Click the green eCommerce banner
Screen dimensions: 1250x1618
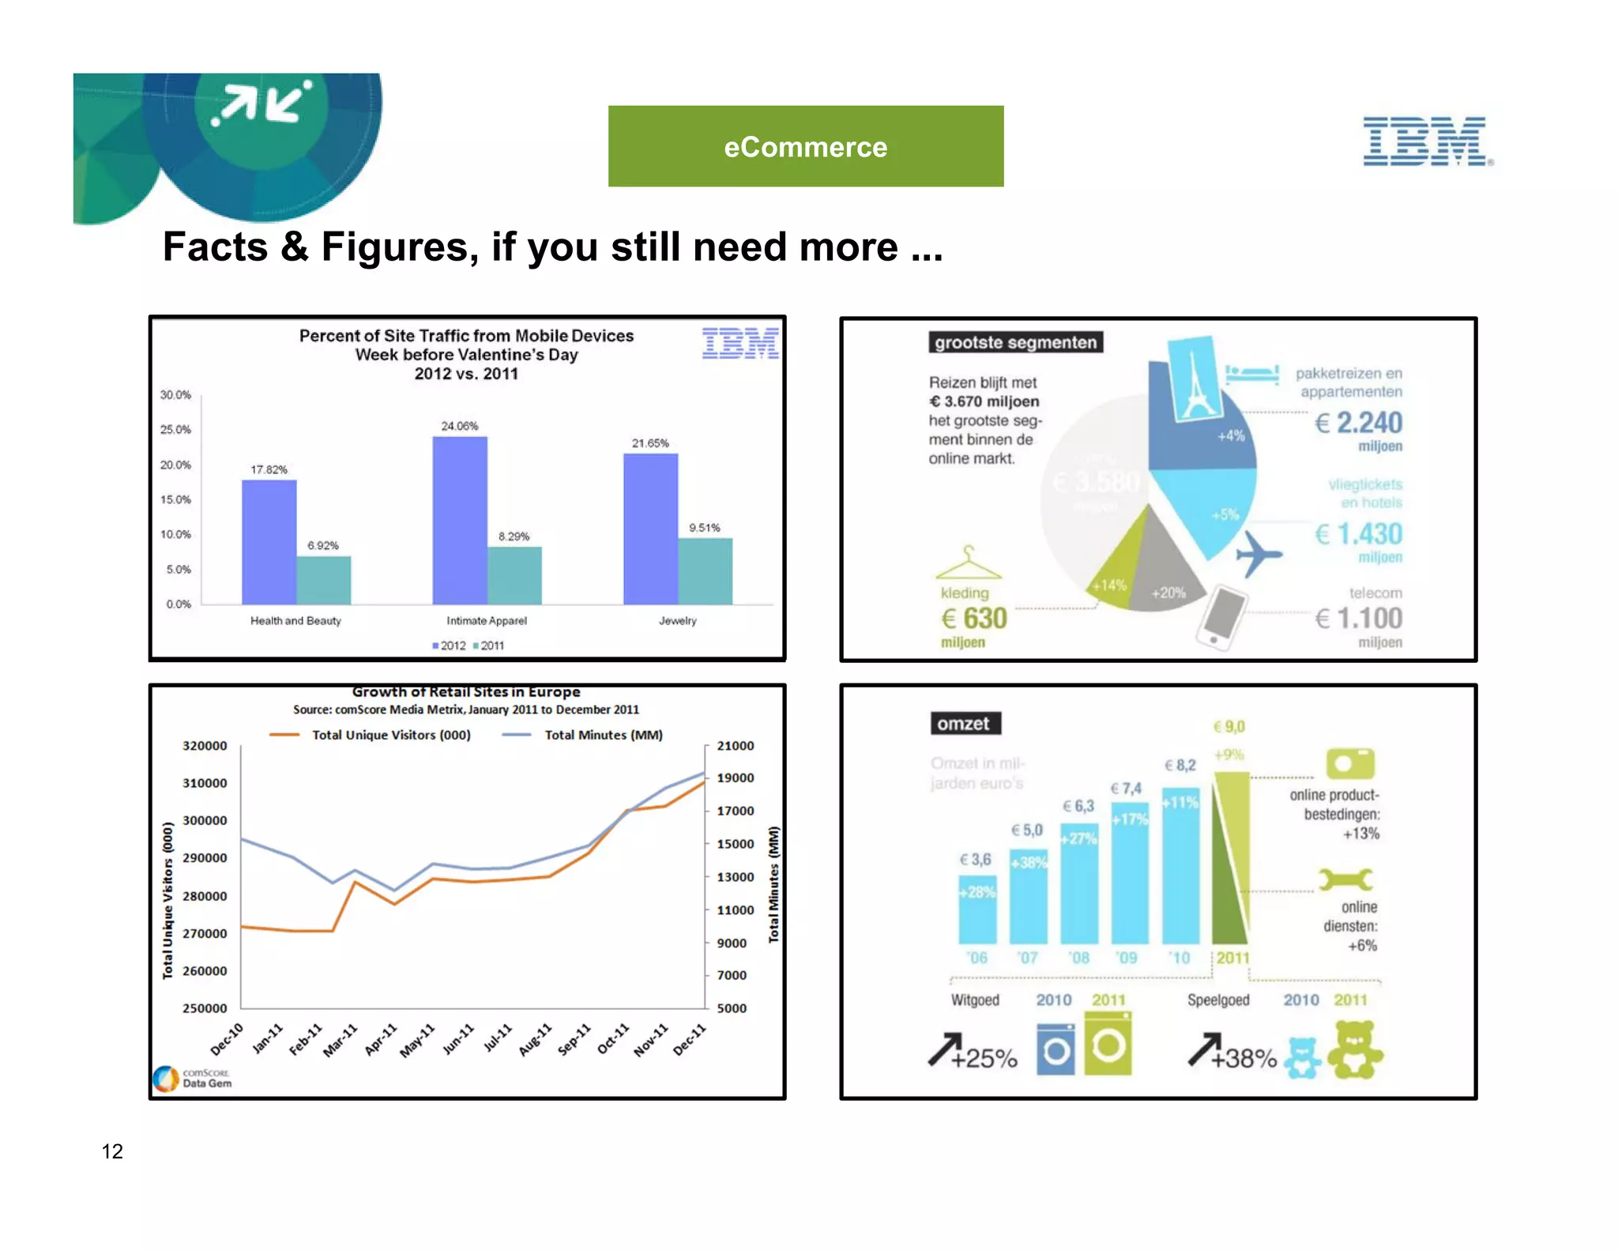point(805,147)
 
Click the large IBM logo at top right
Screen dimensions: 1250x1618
point(1427,141)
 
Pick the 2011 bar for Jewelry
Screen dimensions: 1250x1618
point(705,570)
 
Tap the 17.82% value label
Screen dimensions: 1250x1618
point(269,469)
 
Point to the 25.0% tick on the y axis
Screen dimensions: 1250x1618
point(175,430)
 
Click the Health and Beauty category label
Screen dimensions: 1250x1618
point(295,621)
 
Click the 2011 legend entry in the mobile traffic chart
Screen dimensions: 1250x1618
point(489,646)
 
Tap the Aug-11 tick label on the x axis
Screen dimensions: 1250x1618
point(536,1040)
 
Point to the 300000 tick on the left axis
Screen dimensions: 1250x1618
point(205,820)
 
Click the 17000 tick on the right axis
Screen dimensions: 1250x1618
point(735,811)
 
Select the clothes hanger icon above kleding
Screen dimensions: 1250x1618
point(968,563)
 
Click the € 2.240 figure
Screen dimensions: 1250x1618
point(1359,424)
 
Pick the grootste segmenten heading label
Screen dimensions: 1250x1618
point(1015,342)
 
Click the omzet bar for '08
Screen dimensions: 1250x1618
point(1079,893)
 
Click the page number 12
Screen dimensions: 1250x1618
point(112,1151)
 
